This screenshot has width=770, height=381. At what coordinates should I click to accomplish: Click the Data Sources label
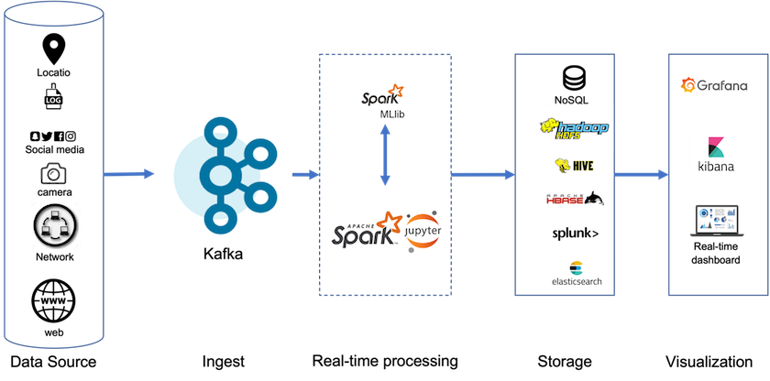(x=53, y=182)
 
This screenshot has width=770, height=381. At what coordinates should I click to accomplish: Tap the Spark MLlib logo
(x=384, y=103)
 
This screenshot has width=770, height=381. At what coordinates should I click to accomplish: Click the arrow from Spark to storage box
(x=482, y=173)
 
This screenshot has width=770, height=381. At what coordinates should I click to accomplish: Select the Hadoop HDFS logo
(x=573, y=128)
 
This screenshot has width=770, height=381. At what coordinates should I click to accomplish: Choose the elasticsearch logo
(x=573, y=274)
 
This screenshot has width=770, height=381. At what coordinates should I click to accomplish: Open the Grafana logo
(x=712, y=87)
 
